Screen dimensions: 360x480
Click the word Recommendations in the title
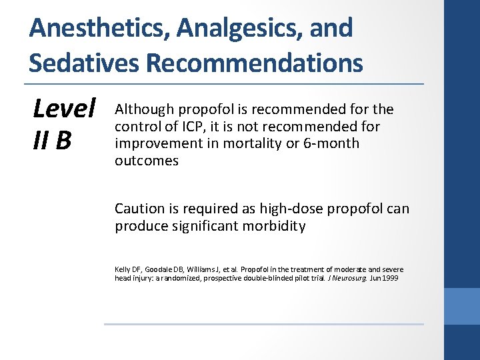254,63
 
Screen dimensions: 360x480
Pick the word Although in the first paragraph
143,109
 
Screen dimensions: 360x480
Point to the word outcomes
146,161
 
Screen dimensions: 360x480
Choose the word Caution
139,209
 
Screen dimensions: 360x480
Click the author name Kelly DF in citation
125,269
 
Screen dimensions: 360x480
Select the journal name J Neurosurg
337,278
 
